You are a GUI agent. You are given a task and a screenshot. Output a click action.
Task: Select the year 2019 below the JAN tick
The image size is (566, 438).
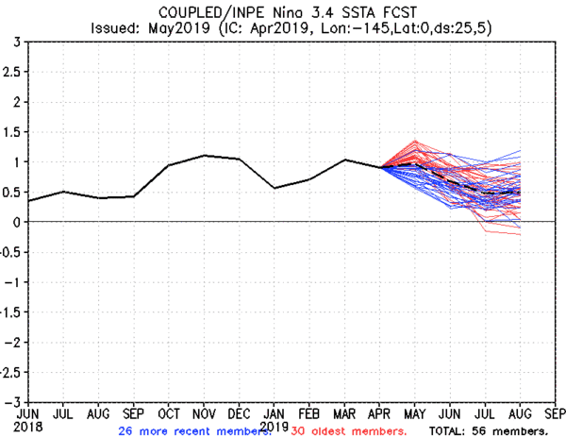(274, 426)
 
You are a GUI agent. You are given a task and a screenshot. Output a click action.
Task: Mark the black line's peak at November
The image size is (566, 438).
(205, 155)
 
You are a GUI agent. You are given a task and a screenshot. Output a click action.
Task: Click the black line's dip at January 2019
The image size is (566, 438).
(274, 188)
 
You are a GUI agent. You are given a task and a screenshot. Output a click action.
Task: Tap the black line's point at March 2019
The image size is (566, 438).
(344, 160)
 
